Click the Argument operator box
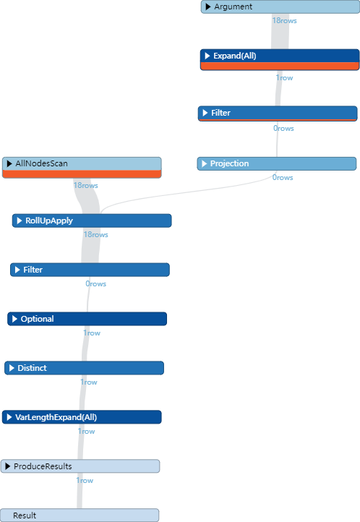[280, 7]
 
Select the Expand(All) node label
[234, 56]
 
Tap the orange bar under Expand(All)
[279, 67]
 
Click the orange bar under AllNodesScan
[82, 174]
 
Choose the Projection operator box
[276, 164]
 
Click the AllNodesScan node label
[41, 164]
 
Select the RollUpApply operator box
[92, 221]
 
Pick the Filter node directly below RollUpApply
[90, 270]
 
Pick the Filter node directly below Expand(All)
[278, 114]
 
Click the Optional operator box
[87, 319]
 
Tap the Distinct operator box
[84, 368]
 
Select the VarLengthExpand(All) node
[82, 417]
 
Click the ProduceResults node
[80, 466]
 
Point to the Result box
[80, 515]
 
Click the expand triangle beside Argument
[208, 7]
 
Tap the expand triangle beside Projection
[205, 164]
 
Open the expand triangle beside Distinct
[12, 368]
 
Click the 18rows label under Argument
[284, 20]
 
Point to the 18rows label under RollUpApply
[95, 234]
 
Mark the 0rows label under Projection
[283, 177]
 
